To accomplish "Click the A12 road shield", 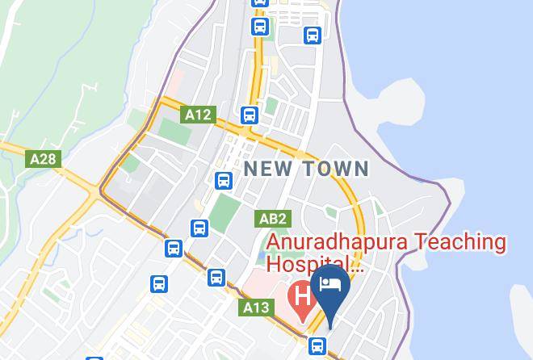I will pyautogui.click(x=198, y=115).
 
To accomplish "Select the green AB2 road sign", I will pyautogui.click(x=272, y=219).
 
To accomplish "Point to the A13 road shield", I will pyautogui.click(x=256, y=308).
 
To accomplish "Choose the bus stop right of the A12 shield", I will pyautogui.click(x=249, y=115).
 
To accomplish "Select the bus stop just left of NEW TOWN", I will pyautogui.click(x=224, y=180).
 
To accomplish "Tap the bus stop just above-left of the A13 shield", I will pyautogui.click(x=216, y=278).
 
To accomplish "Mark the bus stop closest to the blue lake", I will pyautogui.click(x=313, y=36).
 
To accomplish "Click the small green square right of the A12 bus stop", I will pyautogui.click(x=272, y=106).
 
